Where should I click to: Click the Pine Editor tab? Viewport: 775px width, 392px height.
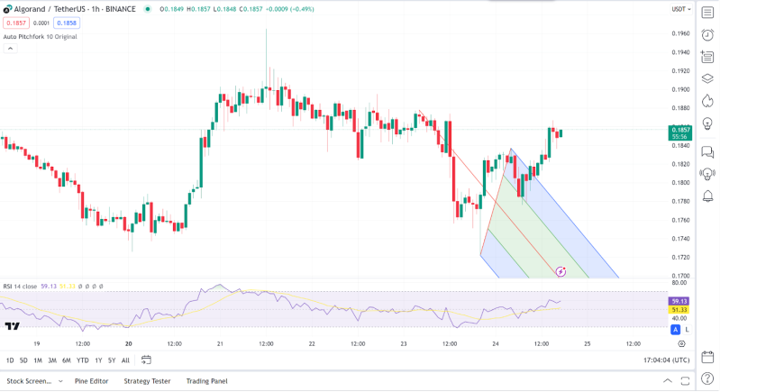[x=91, y=381]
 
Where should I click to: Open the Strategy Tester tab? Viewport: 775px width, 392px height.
[x=147, y=381]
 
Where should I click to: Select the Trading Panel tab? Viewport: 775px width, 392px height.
[x=206, y=381]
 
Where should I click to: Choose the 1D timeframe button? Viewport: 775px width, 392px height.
[x=10, y=360]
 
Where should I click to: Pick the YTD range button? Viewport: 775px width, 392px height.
[x=83, y=360]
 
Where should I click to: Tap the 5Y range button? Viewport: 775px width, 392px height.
[x=112, y=360]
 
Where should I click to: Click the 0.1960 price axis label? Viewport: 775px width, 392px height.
[x=680, y=33]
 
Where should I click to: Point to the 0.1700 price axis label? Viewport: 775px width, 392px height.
[x=680, y=276]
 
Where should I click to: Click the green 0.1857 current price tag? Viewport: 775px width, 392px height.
[x=680, y=131]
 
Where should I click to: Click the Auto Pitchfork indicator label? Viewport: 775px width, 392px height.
[x=40, y=37]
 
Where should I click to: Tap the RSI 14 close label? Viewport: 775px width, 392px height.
[x=20, y=286]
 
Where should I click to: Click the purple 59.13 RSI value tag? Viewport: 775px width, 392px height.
[x=679, y=300]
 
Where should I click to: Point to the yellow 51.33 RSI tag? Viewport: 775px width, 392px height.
[x=679, y=309]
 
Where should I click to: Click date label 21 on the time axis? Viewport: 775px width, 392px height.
[x=220, y=343]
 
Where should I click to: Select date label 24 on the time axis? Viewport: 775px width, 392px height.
[x=495, y=343]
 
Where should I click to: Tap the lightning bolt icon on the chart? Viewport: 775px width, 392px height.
[x=561, y=271]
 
